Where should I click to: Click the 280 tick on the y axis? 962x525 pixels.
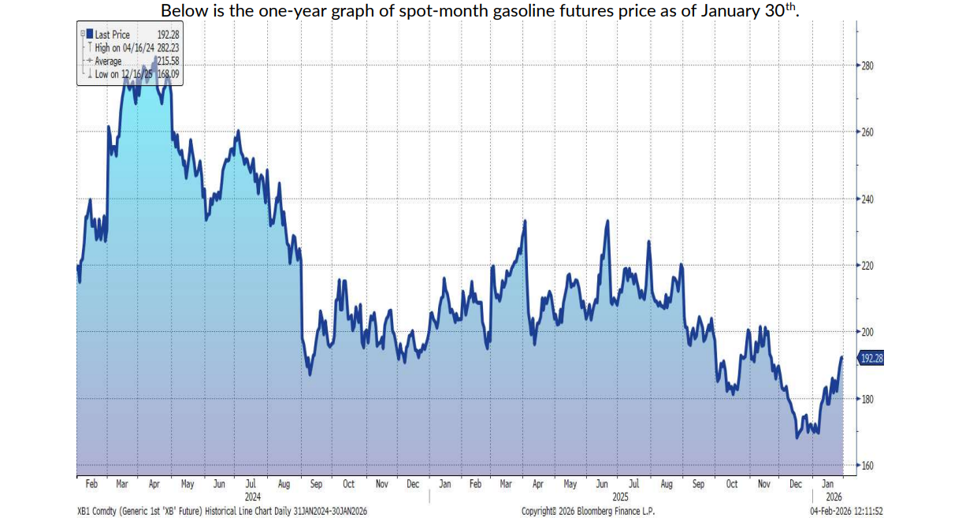click(868, 65)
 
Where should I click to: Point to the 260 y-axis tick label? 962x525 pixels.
click(868, 132)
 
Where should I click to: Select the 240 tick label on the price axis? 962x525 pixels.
click(868, 199)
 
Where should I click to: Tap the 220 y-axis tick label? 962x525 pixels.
click(868, 266)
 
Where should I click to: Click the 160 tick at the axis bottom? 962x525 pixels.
click(868, 466)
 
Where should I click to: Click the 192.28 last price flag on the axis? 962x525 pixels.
click(872, 359)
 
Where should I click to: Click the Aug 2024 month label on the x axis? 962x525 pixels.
click(283, 484)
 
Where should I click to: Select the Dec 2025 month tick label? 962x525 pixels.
click(797, 484)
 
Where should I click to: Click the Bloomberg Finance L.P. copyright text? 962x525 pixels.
click(587, 512)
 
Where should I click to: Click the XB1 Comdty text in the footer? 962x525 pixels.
click(98, 512)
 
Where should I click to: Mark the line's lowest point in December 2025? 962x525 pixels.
click(797, 438)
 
